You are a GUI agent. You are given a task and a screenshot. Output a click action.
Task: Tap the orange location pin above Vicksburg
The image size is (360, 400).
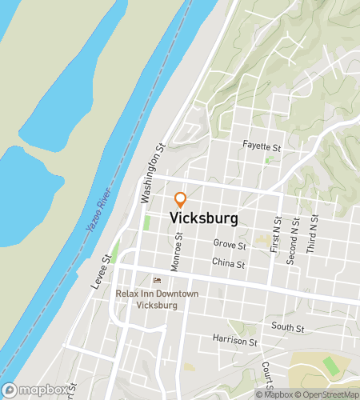(x=181, y=198)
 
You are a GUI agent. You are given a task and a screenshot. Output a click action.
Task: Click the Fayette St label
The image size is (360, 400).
(x=263, y=147)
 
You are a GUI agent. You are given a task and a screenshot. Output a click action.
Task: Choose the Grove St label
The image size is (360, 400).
(x=230, y=243)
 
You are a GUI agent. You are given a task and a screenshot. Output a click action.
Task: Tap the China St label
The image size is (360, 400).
(x=228, y=262)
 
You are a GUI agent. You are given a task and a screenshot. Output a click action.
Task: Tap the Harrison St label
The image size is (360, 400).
(x=235, y=342)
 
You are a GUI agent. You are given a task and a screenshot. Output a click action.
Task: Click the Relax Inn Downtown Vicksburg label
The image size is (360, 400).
(x=156, y=299)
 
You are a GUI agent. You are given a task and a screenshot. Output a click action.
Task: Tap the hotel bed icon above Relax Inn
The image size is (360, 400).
(x=156, y=280)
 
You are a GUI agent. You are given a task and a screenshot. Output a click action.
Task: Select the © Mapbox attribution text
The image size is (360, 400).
(x=274, y=394)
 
